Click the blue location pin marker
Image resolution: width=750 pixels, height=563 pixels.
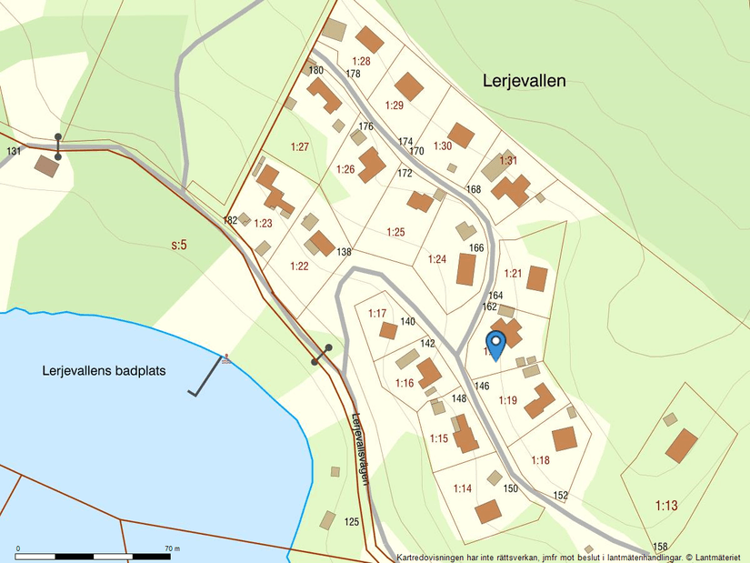(x=495, y=344)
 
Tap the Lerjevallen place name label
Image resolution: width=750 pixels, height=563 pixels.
(x=524, y=81)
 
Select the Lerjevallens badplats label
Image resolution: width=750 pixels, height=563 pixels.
(x=104, y=371)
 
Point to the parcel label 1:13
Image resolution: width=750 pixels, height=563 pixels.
(x=666, y=505)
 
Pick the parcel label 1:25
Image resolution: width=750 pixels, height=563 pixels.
(x=395, y=233)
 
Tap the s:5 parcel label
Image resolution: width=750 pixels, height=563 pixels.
(x=179, y=245)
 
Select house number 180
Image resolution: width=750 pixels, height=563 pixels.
(x=316, y=70)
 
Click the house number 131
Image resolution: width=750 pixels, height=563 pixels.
(x=14, y=151)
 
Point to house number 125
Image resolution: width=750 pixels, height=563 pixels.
(x=353, y=521)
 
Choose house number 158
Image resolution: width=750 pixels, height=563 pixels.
(x=660, y=547)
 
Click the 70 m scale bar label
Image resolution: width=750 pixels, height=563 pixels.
(x=173, y=548)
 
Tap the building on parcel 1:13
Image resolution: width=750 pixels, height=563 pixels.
(x=681, y=446)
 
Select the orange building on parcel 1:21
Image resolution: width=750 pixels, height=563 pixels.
(x=536, y=278)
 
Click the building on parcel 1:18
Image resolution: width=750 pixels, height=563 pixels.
(x=565, y=438)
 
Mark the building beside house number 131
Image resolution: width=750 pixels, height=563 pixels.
(x=46, y=166)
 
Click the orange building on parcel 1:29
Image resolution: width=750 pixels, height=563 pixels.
(x=409, y=86)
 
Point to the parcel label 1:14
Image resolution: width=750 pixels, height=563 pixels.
(x=462, y=489)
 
